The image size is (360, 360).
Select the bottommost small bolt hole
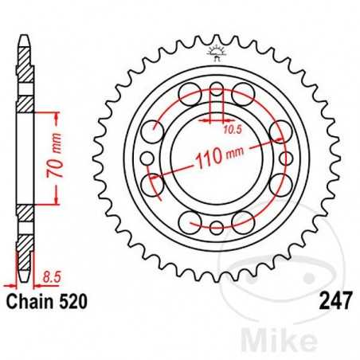coord(215,230)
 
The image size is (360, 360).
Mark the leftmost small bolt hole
coord(147,185)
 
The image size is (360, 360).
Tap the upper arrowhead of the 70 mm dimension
coord(57,117)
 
